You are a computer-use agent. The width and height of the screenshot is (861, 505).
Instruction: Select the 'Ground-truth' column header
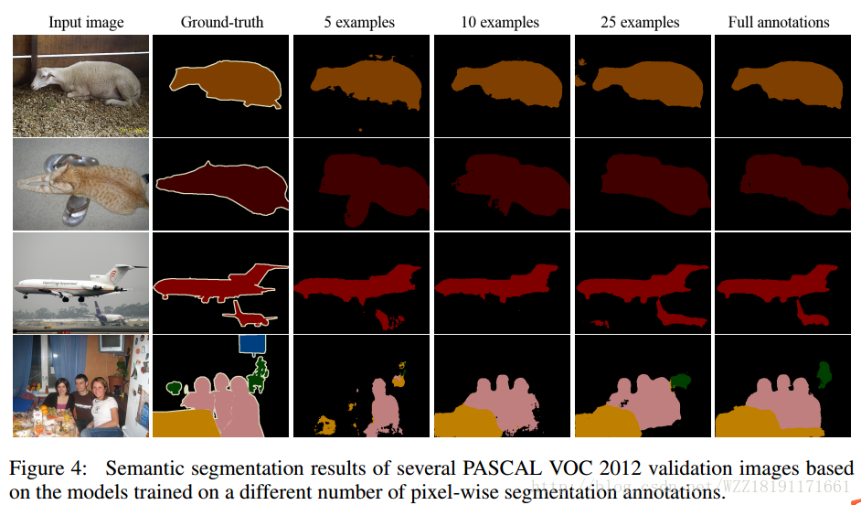tap(222, 22)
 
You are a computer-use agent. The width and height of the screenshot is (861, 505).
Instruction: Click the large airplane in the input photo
tap(78, 283)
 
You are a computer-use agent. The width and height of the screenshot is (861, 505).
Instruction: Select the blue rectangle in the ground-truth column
tap(251, 343)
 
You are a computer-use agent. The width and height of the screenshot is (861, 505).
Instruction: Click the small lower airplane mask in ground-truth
tap(249, 316)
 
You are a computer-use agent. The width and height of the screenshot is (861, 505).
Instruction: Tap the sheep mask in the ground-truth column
tap(224, 82)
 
